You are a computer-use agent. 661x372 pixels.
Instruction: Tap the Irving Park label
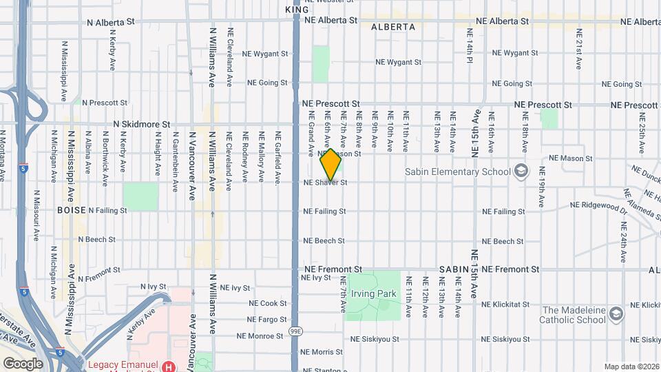point(373,294)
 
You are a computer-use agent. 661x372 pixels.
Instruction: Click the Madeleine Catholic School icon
point(616,315)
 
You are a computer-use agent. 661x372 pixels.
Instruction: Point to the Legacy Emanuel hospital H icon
point(168,366)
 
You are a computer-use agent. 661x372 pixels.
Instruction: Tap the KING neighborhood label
point(297,10)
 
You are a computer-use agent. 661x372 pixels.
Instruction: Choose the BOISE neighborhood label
point(72,210)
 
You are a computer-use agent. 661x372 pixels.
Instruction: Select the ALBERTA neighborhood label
point(393,27)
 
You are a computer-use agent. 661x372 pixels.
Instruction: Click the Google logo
point(23,363)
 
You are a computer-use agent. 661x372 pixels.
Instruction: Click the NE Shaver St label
point(325,183)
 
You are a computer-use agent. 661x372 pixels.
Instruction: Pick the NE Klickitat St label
point(506,304)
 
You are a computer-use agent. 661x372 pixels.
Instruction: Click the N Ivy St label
point(154,286)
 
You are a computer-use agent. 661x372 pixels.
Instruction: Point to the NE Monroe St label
point(260,336)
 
